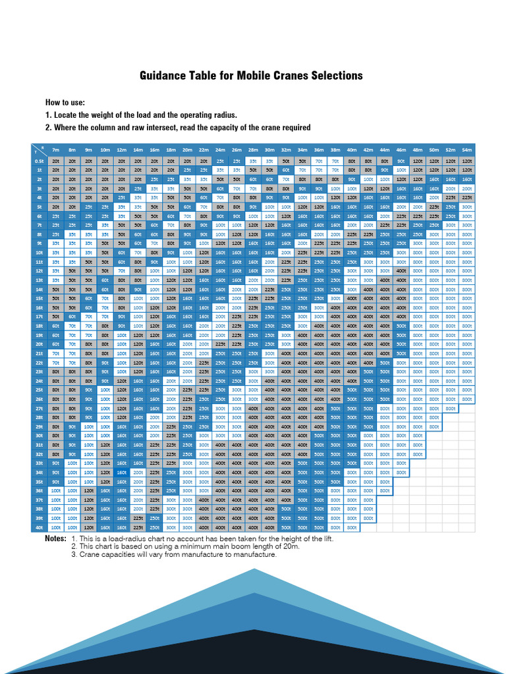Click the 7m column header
56,150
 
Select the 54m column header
467,150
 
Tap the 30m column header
269,150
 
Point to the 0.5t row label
39,161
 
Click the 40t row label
39,527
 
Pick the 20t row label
39,344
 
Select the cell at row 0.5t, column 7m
56,161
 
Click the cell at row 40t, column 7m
56,527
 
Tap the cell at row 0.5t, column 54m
467,161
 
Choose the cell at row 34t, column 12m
122,472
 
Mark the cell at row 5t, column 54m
467,206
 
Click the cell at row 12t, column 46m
401,271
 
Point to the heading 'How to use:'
65,103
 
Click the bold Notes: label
55,538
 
